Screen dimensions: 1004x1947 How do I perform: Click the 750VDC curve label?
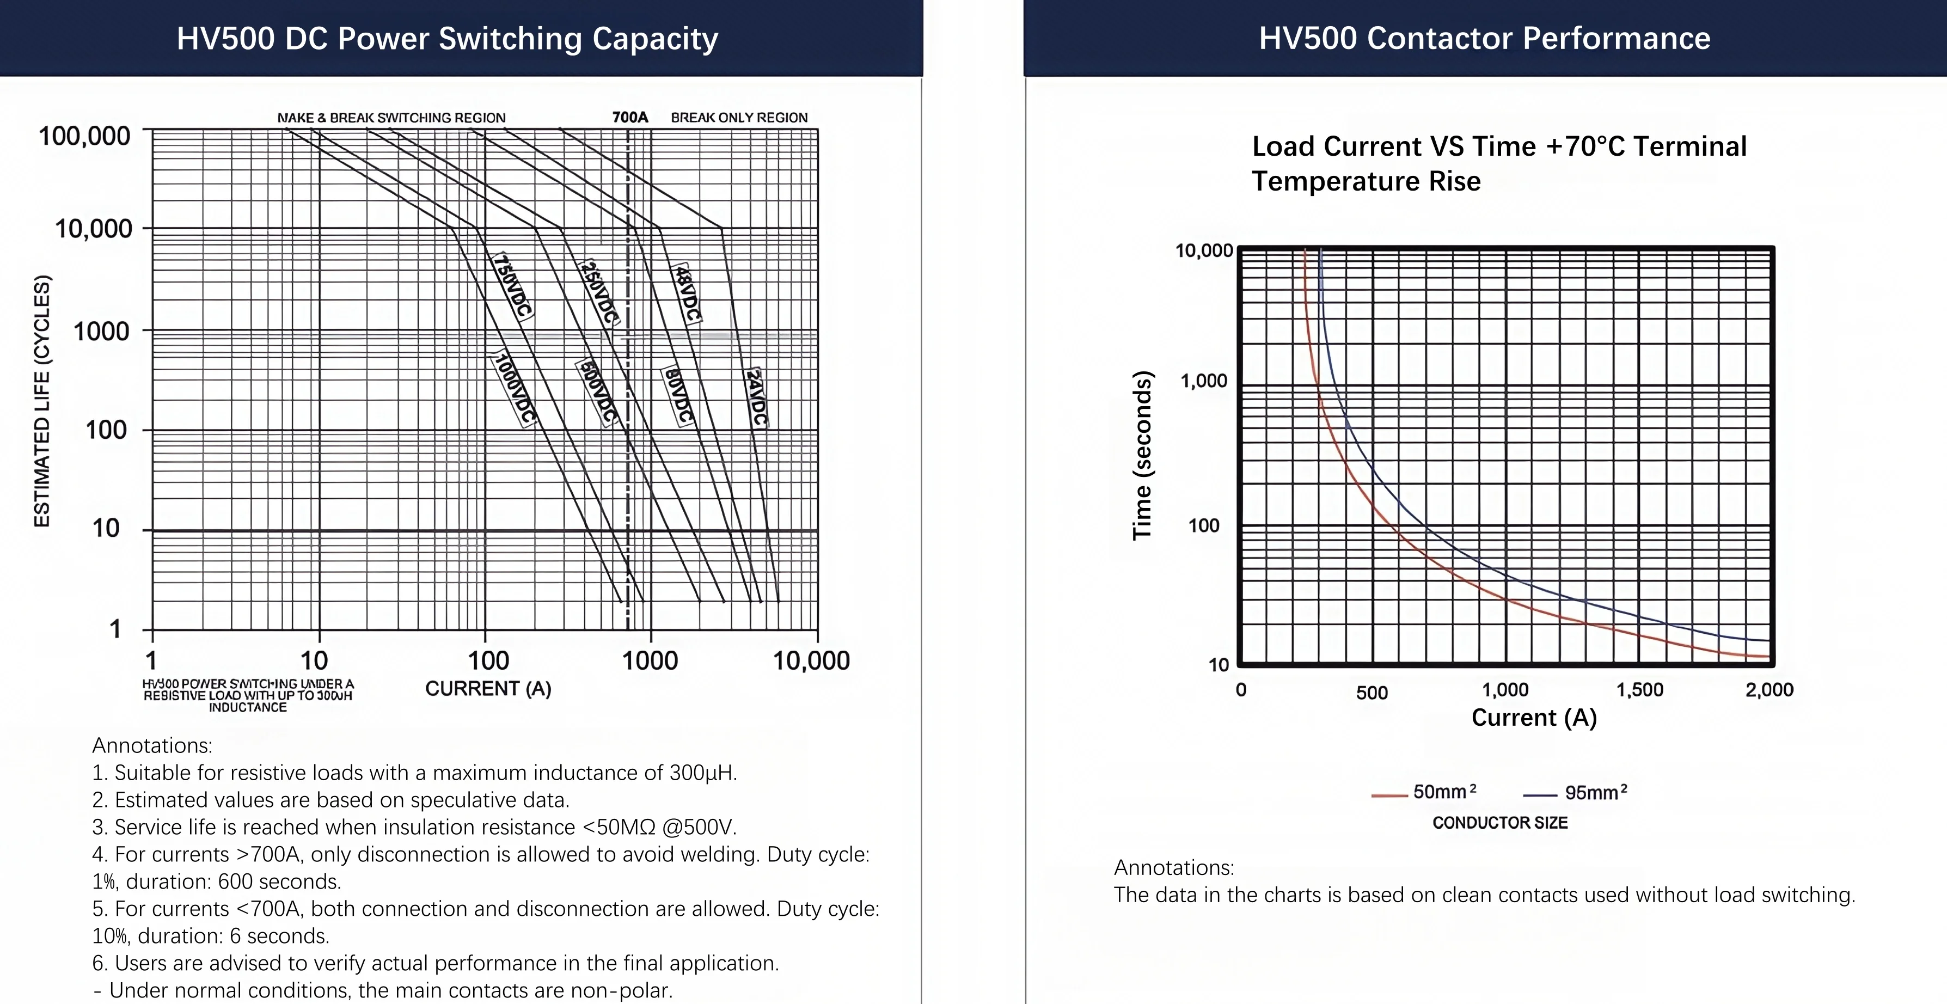pos(512,286)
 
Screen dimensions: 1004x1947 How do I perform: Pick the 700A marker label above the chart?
pos(629,117)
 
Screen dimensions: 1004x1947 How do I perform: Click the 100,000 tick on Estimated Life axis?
pos(84,136)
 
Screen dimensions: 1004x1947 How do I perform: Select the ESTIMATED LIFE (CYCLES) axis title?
pos(42,401)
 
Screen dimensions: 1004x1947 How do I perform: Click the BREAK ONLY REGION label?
pos(738,117)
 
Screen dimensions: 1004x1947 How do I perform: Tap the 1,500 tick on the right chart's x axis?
pos(1639,689)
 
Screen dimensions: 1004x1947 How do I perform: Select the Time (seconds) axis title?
pos(1142,455)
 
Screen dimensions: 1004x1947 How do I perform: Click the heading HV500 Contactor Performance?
pos(1484,38)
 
